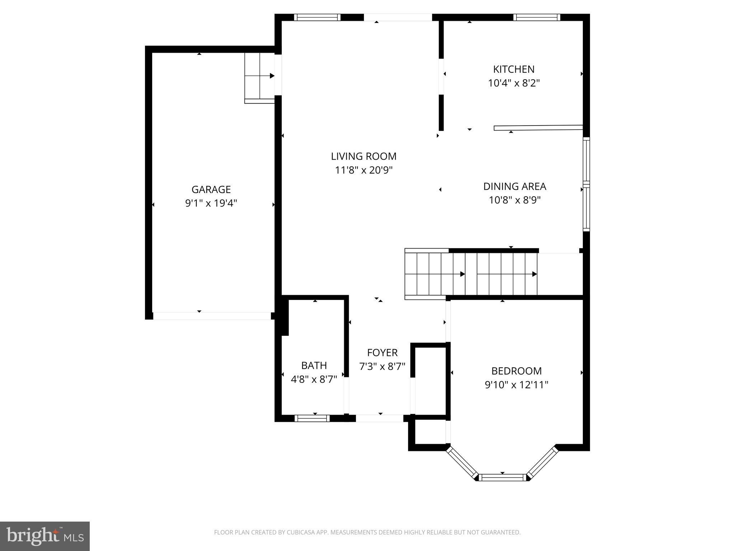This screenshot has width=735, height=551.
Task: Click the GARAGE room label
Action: coord(211,189)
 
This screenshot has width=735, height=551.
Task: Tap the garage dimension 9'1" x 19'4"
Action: coord(211,203)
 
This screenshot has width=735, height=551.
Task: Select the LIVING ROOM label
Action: coord(364,156)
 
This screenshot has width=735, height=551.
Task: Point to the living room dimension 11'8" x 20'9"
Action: coord(364,170)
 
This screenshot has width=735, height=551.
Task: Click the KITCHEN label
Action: coord(514,69)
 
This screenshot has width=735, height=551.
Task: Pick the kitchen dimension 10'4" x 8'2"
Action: coord(514,83)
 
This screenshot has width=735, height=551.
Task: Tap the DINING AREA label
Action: coord(515,187)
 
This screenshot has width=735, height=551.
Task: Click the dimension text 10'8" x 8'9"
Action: coord(515,200)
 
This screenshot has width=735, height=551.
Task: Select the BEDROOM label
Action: coord(516,371)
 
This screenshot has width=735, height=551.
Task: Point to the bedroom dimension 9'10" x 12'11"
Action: coord(516,385)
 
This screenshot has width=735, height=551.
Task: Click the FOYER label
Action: coord(382,353)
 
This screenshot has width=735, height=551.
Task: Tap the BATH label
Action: coord(314,366)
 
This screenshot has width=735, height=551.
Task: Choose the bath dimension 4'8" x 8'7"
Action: coord(314,379)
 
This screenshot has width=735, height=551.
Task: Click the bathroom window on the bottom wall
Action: coord(312,418)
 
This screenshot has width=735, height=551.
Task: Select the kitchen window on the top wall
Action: coord(537,17)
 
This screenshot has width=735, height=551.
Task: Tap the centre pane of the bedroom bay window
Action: coord(502,477)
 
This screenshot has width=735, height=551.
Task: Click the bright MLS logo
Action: coord(45,536)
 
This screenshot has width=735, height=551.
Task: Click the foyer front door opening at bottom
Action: coord(379,418)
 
